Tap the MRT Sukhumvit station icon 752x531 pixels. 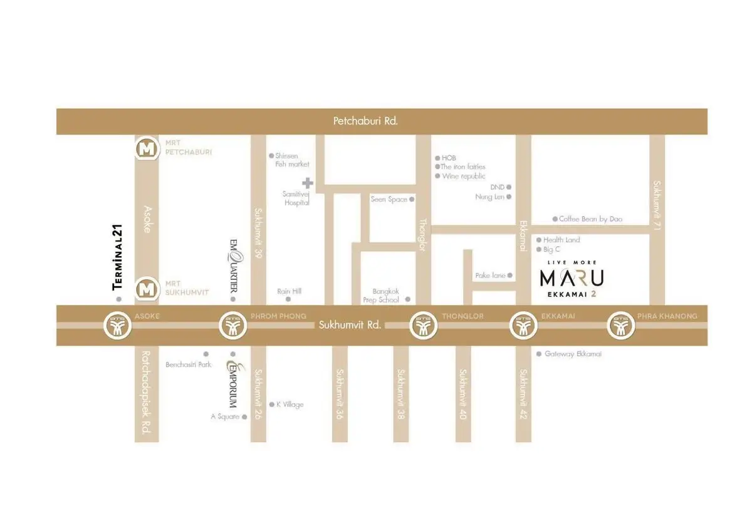[147, 289]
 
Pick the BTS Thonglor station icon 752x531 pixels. [424, 326]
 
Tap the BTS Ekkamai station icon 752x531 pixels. [523, 326]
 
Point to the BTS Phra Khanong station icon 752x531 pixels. [622, 326]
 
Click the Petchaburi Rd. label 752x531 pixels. [365, 121]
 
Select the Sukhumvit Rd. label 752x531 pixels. [350, 325]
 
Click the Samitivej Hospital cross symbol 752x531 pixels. [307, 183]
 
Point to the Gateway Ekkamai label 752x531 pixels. [572, 354]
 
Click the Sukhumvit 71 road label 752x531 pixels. [657, 204]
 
